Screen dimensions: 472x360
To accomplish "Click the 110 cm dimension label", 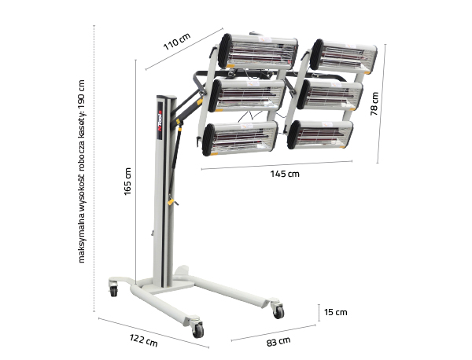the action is click(x=177, y=41).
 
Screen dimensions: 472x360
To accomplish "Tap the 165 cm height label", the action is click(x=127, y=182).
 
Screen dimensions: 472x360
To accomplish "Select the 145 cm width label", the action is click(x=285, y=174).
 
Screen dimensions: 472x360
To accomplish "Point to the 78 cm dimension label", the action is click(x=374, y=104).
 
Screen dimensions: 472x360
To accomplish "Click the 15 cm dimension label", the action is click(x=336, y=312).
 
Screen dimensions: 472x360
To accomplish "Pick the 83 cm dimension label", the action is click(x=278, y=342).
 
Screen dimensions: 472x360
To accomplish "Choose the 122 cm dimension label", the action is click(x=144, y=340).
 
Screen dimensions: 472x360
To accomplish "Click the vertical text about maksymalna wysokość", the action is click(x=82, y=171).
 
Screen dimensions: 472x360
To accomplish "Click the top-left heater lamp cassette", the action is click(x=258, y=51).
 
